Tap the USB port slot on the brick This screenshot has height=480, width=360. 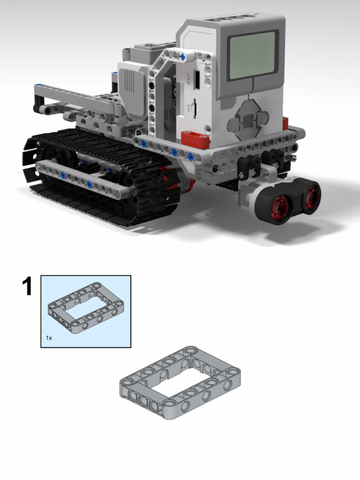point(197,80)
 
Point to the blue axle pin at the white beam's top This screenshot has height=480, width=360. point(183,57)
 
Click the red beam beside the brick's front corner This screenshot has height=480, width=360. point(195,138)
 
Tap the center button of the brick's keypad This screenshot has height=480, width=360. point(247,120)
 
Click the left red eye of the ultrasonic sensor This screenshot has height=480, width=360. point(279,206)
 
